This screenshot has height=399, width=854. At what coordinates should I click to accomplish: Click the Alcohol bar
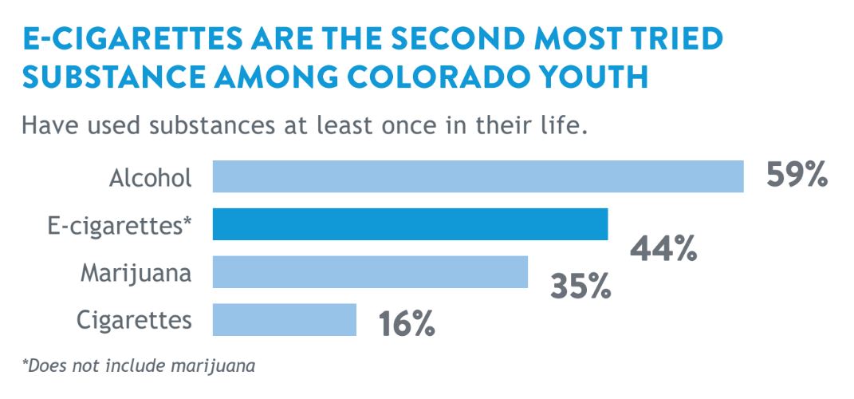pos(478,176)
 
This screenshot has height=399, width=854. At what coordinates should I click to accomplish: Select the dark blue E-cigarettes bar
pos(410,224)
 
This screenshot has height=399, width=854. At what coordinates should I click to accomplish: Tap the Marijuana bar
pos(370,271)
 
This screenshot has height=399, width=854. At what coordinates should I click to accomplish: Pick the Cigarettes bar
pos(285,319)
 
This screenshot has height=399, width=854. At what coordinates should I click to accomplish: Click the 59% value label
pos(797,175)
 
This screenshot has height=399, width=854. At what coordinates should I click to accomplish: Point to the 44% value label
pos(663,249)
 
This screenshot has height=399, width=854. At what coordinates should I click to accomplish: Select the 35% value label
pos(580,286)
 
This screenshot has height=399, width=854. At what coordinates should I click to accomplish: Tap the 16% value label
pos(407,323)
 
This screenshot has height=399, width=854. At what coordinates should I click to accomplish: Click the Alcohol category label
pos(151,178)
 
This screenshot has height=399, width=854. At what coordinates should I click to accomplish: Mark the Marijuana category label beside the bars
pos(136,274)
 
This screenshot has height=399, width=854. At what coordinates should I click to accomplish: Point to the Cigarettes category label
pos(134,321)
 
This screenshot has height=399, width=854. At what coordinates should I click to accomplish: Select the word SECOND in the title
pos(473,38)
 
